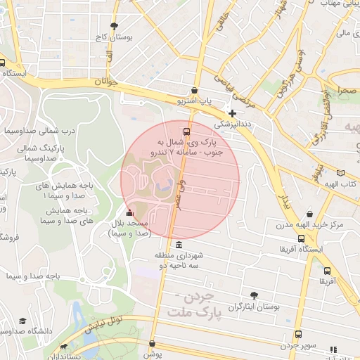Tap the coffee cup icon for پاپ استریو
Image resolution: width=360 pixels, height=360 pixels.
(195, 91)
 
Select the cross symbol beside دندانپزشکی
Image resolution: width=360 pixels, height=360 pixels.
(232, 112)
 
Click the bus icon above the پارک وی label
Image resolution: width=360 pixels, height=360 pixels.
(186, 131)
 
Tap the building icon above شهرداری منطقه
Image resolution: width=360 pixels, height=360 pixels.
(179, 245)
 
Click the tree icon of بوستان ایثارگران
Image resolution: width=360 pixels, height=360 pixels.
(253, 296)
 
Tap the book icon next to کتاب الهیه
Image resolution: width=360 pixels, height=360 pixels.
(342, 173)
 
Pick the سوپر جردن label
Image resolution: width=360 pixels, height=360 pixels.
(300, 346)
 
